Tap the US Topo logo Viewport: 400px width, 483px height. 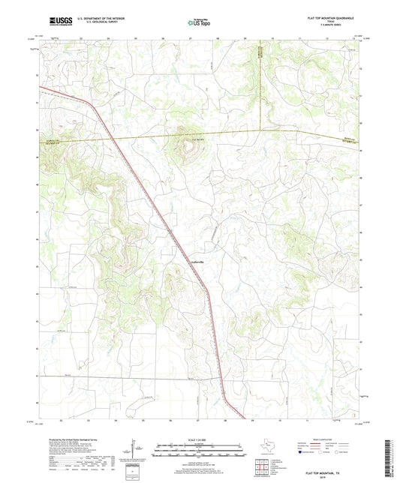(x=199, y=23)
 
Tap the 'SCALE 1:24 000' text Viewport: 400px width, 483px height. (x=200, y=440)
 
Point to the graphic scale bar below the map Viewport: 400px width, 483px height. (x=200, y=451)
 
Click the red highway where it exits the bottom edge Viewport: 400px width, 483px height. (x=244, y=418)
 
